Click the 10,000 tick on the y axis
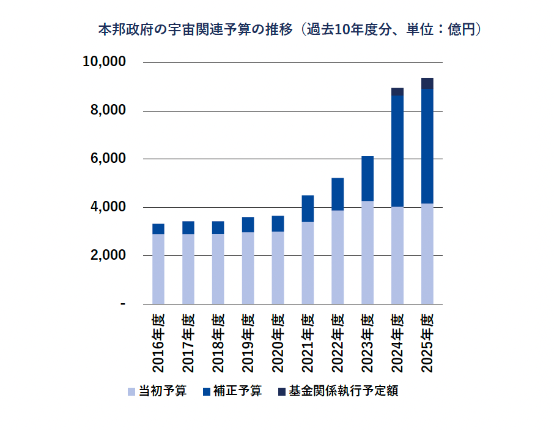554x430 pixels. [x=105, y=62]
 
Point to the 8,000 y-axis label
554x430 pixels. [x=108, y=111]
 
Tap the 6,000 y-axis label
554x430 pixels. [x=108, y=159]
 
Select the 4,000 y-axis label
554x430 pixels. [x=108, y=207]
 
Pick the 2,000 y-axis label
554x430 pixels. [x=108, y=255]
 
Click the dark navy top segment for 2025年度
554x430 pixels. [x=427, y=83]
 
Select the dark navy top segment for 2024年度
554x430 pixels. [x=397, y=91]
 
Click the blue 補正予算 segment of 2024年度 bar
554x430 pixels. [x=397, y=151]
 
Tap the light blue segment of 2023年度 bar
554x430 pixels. [x=367, y=252]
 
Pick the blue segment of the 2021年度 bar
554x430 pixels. [x=308, y=208]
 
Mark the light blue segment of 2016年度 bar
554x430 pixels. [x=158, y=268]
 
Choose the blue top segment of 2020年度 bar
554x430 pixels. [x=278, y=224]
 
